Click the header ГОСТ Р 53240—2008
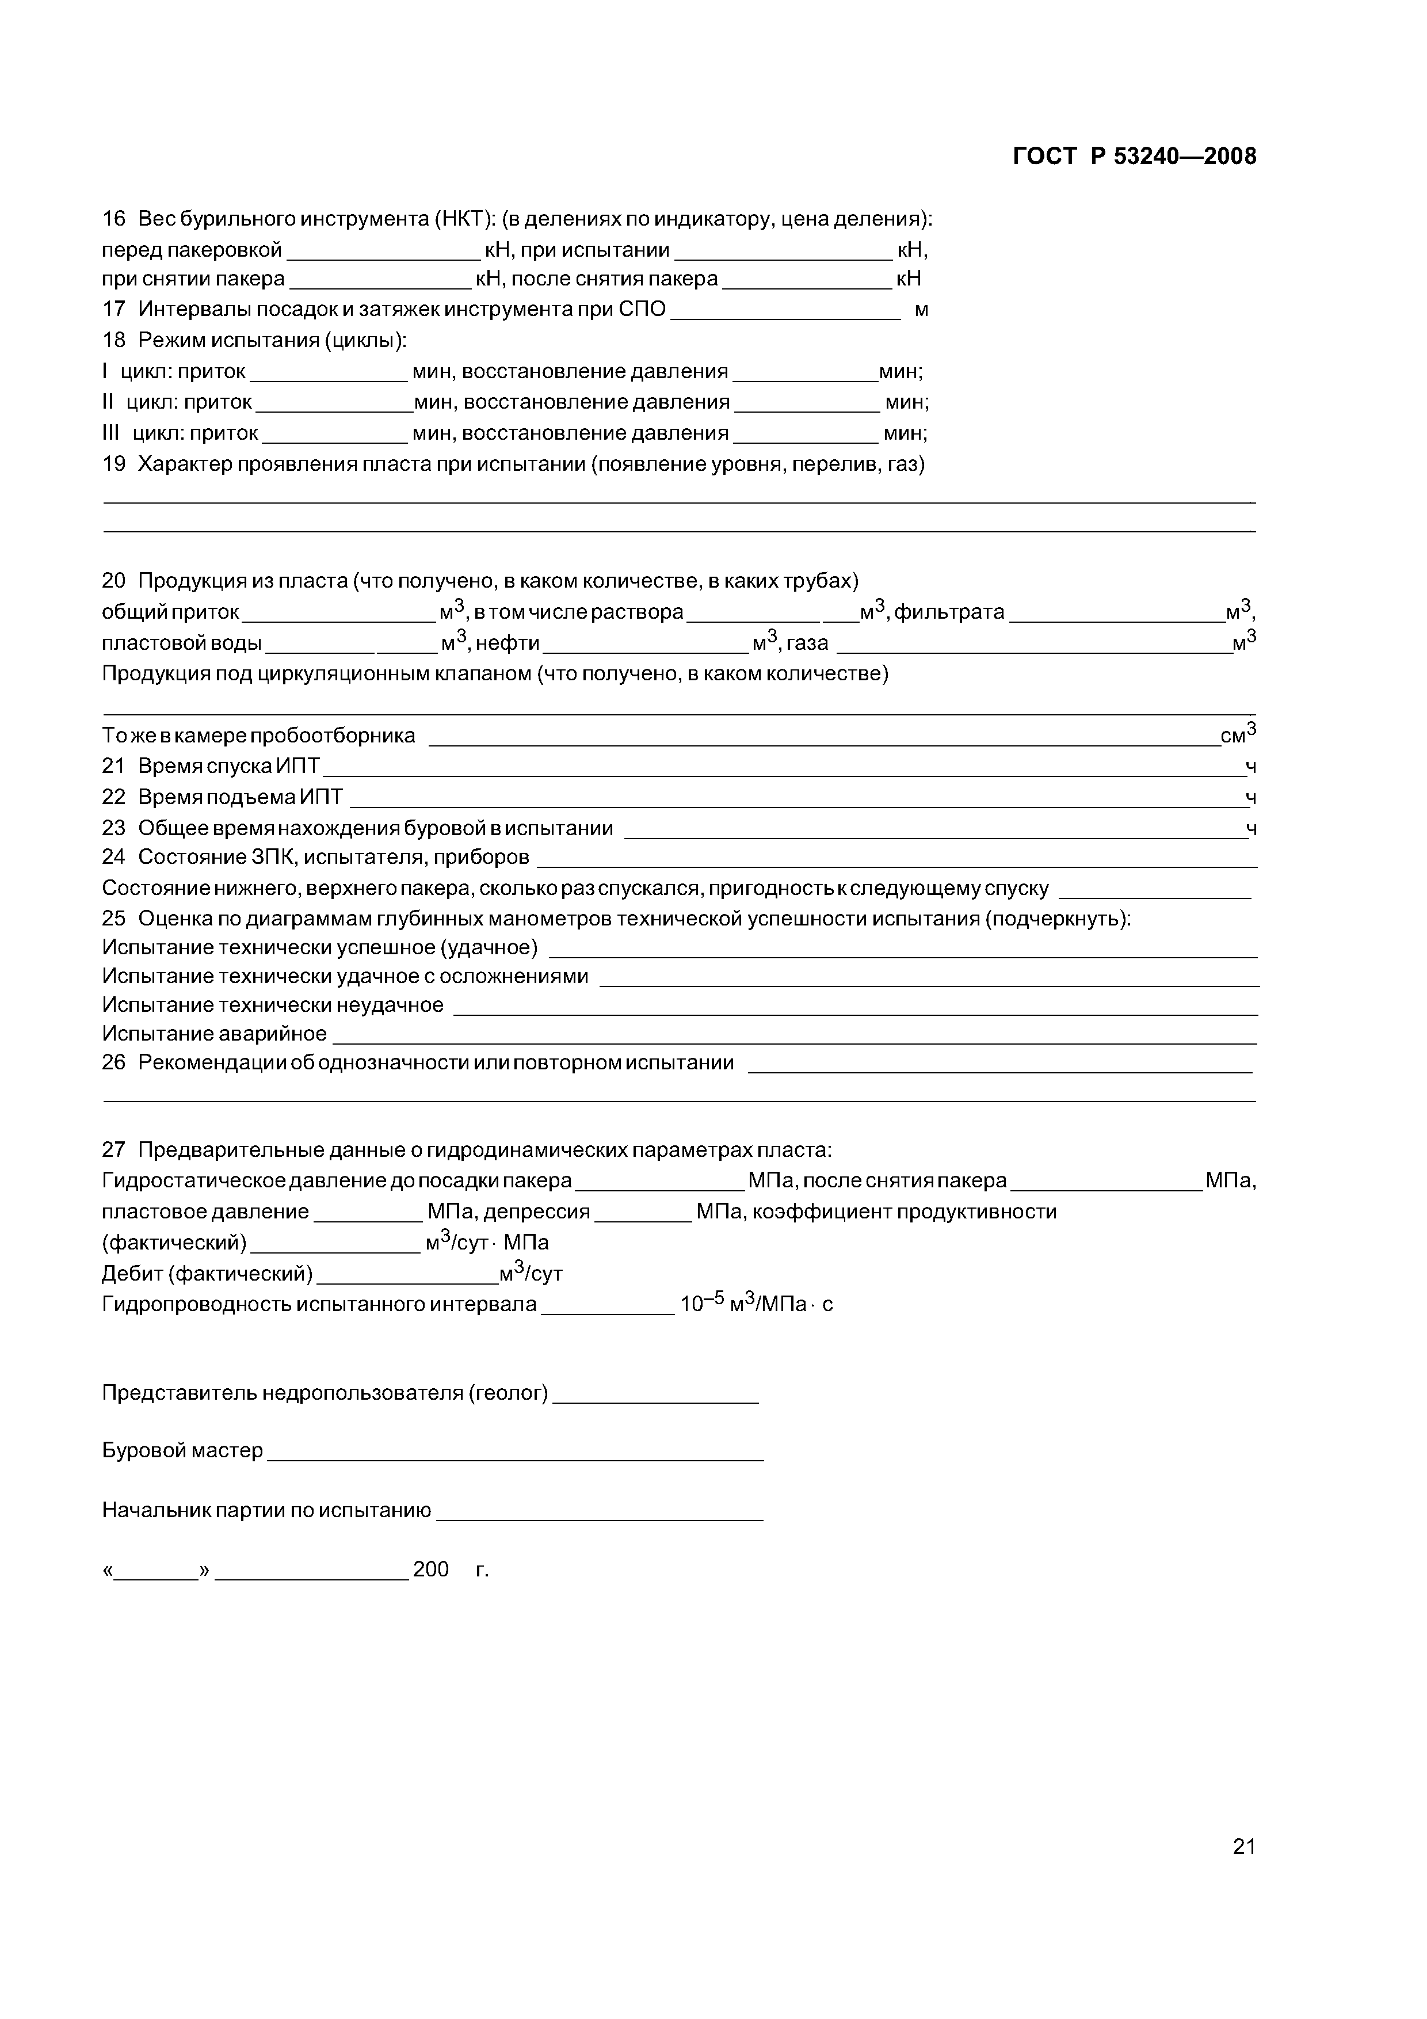coord(1134,157)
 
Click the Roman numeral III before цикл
coord(111,433)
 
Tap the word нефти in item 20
coord(508,643)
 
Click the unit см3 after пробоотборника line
coord(1238,735)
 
